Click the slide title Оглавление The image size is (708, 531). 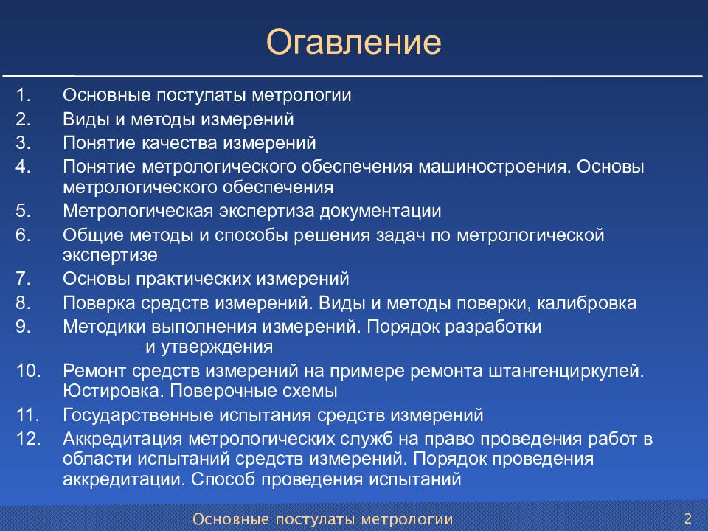click(353, 41)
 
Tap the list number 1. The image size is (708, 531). click(23, 95)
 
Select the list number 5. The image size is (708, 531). click(23, 211)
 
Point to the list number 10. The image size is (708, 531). click(29, 371)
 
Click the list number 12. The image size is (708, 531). click(29, 438)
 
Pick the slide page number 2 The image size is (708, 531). click(688, 518)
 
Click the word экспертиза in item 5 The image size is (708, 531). click(266, 211)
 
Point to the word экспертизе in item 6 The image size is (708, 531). click(110, 255)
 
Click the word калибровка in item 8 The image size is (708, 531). click(586, 302)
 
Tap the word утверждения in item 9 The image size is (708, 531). click(217, 347)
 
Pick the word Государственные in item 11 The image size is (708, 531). click(138, 415)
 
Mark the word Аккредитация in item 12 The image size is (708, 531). click(123, 438)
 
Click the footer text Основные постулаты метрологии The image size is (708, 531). click(323, 518)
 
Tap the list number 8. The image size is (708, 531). click(23, 302)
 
